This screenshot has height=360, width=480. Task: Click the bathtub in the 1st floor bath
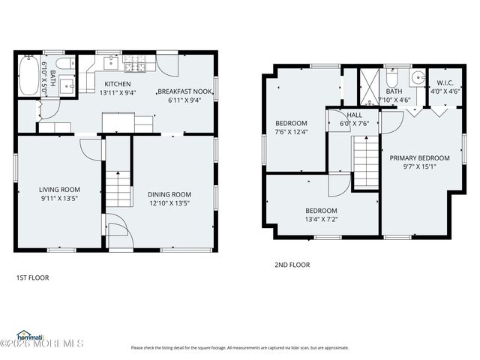pyautogui.click(x=28, y=76)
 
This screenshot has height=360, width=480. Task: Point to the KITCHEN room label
pyautogui.click(x=117, y=84)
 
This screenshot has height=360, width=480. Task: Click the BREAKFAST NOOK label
pyautogui.click(x=184, y=91)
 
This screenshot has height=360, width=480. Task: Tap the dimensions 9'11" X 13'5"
pyautogui.click(x=59, y=199)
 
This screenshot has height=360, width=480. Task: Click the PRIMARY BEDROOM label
pyautogui.click(x=419, y=157)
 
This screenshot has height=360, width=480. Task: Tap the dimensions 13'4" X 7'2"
pyautogui.click(x=320, y=220)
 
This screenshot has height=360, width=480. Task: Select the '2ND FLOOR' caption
pyautogui.click(x=291, y=265)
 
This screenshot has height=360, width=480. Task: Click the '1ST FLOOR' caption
pyautogui.click(x=32, y=277)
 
